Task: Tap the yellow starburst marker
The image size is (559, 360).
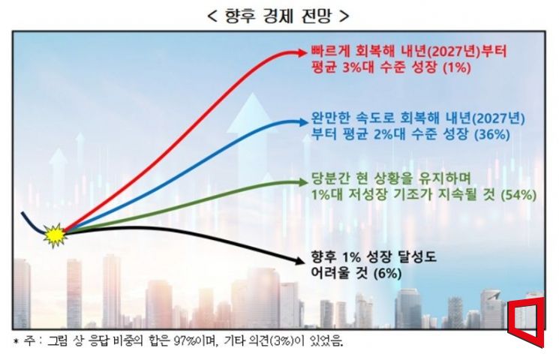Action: pyautogui.click(x=55, y=235)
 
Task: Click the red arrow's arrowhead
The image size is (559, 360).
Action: pyautogui.click(x=302, y=52)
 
